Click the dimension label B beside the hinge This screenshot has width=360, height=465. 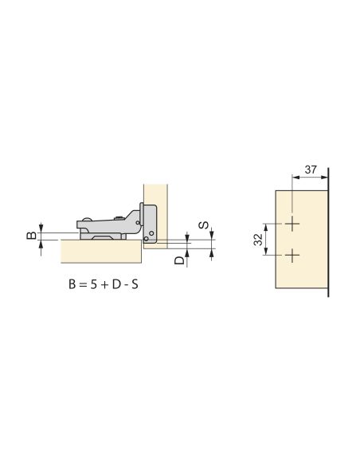[x=31, y=236]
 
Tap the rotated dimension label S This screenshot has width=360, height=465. [x=203, y=225]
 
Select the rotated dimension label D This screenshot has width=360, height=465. [x=179, y=260]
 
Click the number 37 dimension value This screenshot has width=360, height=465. [x=311, y=170]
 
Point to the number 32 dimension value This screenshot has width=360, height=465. [x=258, y=240]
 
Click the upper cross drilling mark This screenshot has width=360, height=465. [x=292, y=224]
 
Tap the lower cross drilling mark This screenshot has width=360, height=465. [x=292, y=256]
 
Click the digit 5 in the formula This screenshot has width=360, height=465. [x=94, y=285]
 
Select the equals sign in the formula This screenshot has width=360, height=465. [x=83, y=285]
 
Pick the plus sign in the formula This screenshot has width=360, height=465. [x=104, y=285]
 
